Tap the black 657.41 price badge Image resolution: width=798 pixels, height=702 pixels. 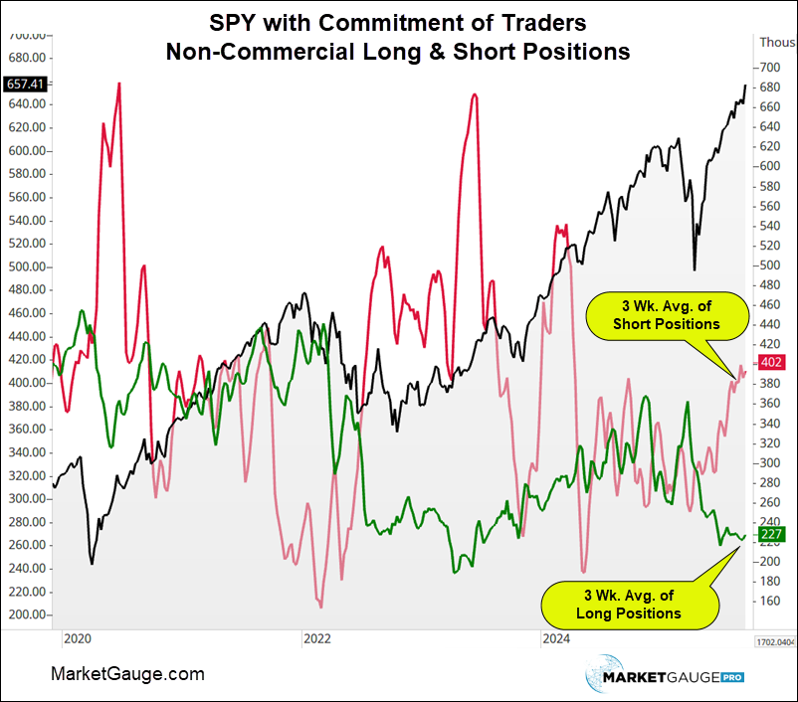click(24, 83)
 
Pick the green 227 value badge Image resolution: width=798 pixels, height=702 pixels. click(772, 535)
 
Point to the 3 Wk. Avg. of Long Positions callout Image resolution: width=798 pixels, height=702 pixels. click(630, 604)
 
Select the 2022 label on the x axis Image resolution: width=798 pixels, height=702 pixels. click(316, 636)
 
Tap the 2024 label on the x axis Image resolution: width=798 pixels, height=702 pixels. click(555, 636)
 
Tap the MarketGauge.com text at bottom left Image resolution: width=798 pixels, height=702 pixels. click(127, 674)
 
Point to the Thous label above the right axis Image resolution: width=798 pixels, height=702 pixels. click(776, 42)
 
